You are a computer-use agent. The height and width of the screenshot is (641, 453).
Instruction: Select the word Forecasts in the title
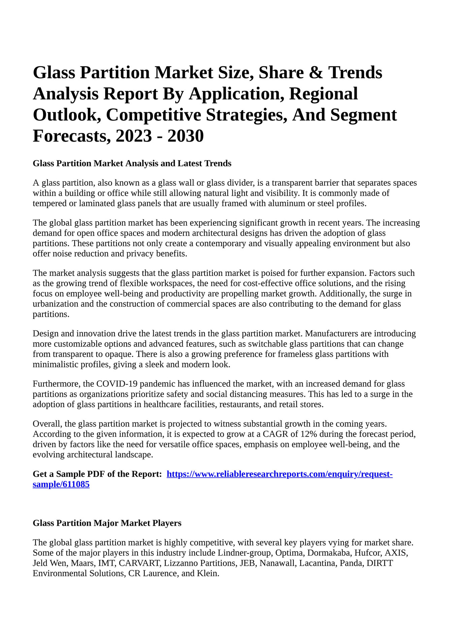pos(71,136)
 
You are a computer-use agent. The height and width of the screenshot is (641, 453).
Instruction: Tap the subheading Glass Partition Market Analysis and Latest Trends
pos(132,163)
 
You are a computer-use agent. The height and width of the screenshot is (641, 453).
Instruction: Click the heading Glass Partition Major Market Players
pos(107,523)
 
